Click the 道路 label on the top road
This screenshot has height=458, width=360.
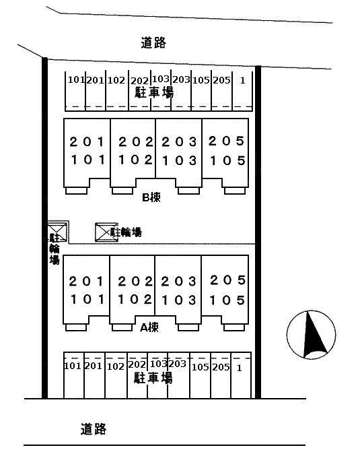point(153,42)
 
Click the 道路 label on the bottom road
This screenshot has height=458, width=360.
point(94,429)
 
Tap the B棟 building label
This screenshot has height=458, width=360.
point(151,197)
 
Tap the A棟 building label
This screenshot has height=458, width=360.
point(149,327)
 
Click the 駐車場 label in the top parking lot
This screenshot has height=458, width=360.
point(154,92)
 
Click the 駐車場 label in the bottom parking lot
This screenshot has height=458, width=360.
point(153,378)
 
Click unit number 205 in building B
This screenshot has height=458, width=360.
point(226,141)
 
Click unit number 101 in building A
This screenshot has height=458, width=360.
point(87,300)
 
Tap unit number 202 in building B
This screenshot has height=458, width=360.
point(136,142)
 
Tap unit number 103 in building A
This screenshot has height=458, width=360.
point(179,300)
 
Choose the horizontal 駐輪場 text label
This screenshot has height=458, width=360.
point(126,232)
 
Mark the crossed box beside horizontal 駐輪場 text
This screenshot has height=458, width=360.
point(106,232)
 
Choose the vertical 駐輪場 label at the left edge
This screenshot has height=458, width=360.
point(55,249)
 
